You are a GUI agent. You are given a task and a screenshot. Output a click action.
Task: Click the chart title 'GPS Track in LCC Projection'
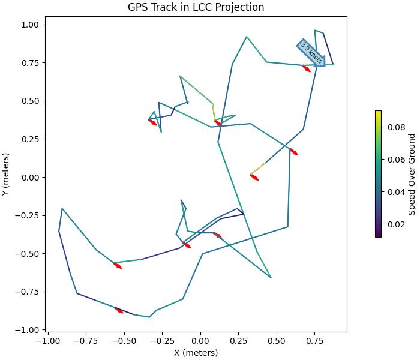tap(196, 7)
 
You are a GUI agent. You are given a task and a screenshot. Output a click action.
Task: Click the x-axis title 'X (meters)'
tap(196, 353)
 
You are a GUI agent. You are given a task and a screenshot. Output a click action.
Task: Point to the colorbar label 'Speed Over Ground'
tap(412, 174)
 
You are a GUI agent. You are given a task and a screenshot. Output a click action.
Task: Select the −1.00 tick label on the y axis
tap(28, 330)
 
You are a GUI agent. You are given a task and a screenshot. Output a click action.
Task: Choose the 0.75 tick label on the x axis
tap(314, 340)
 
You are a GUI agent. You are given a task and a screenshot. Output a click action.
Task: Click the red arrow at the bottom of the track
tap(119, 310)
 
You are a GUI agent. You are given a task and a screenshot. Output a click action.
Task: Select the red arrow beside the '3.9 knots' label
tap(307, 68)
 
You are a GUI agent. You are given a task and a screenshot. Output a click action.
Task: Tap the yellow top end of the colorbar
tap(378, 113)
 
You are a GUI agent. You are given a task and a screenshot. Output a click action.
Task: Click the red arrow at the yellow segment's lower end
tap(254, 177)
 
